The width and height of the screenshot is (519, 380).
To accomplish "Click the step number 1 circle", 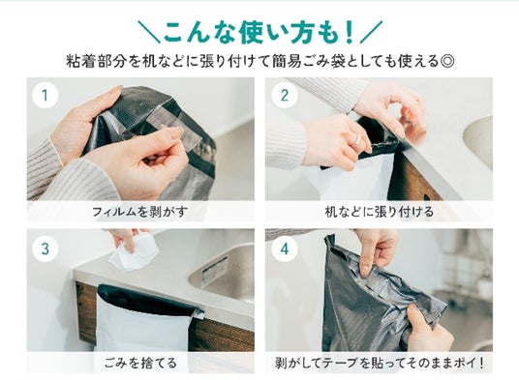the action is [46, 95].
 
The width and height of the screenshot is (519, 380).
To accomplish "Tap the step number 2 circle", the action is [285, 95].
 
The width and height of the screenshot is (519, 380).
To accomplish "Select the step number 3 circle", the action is [46, 248].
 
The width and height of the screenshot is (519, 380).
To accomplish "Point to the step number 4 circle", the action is [285, 248].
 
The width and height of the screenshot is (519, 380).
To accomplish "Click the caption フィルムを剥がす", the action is [140, 211].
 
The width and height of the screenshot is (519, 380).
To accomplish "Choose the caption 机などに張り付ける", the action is [379, 211].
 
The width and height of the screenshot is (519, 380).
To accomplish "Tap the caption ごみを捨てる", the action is [140, 363].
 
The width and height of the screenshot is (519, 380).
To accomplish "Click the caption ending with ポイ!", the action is [380, 363].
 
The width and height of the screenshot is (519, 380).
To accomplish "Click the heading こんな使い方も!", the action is [259, 33].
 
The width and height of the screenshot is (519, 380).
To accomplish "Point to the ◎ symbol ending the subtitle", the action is [447, 62].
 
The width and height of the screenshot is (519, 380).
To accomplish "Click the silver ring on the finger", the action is [357, 139].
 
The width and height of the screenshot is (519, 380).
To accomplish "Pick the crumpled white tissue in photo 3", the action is [133, 251].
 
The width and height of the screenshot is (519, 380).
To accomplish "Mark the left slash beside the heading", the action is [149, 32].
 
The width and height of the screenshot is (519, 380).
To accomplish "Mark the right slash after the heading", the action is [371, 32].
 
